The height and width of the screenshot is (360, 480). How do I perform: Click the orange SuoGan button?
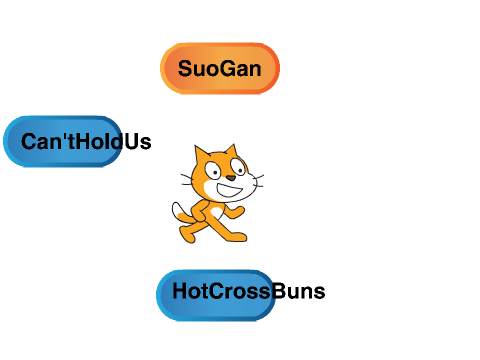[x=220, y=68]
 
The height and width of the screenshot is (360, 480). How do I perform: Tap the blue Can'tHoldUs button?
[x=63, y=141]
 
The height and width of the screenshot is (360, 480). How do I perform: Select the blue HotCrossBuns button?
[x=216, y=295]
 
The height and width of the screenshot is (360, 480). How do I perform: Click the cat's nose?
[x=231, y=178]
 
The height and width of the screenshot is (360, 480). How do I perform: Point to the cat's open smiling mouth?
[x=229, y=190]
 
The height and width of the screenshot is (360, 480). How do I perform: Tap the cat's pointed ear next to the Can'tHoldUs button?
[x=201, y=154]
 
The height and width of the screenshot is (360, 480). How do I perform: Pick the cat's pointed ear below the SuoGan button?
[x=232, y=151]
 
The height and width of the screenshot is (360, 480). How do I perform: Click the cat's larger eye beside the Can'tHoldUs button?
[x=213, y=170]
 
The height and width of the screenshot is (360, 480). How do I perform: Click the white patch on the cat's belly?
[x=216, y=213]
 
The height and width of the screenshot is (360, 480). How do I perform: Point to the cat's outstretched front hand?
[x=238, y=212]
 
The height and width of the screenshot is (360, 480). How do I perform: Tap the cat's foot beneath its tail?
[x=187, y=235]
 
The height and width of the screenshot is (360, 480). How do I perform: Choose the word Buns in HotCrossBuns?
[x=299, y=291]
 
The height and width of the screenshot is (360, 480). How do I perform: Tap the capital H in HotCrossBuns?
[x=180, y=291]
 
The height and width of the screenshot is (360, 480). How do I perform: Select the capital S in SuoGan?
[x=186, y=69]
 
